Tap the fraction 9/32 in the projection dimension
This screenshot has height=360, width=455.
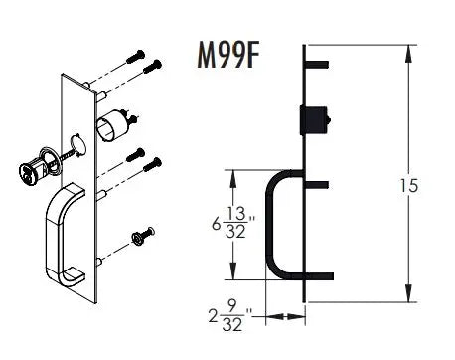232,318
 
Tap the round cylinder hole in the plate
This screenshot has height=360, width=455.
80,145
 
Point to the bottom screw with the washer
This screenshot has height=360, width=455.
141,236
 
